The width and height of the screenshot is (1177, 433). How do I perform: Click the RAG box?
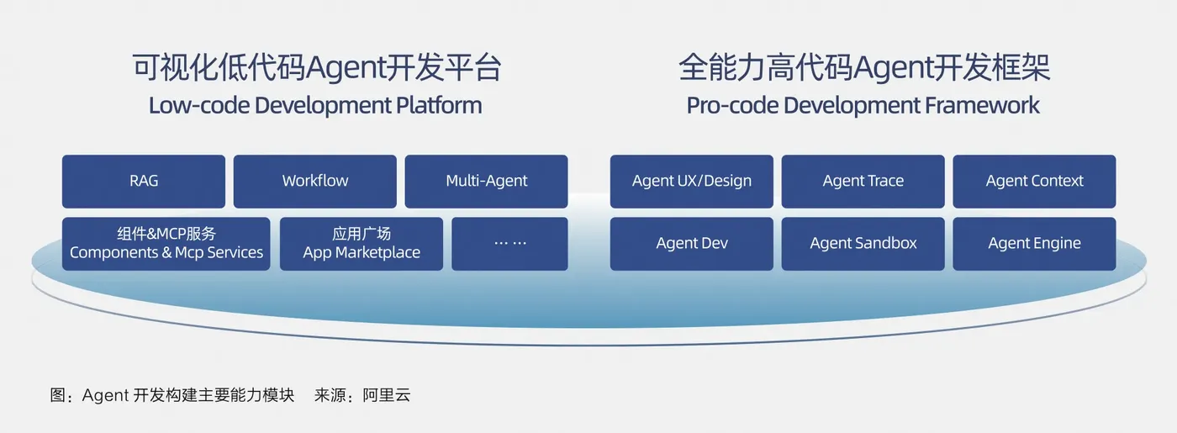(144, 182)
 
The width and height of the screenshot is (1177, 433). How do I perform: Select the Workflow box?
(314, 182)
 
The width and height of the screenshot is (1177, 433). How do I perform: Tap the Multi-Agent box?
(486, 182)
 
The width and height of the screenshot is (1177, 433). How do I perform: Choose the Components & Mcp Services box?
(166, 244)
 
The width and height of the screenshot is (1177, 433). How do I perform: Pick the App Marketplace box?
(362, 244)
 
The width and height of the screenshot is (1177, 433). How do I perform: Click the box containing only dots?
(509, 244)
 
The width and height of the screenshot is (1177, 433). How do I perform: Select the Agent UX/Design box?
(691, 182)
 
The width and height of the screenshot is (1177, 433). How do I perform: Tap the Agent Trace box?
(863, 182)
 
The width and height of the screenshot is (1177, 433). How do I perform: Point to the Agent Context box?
(1034, 182)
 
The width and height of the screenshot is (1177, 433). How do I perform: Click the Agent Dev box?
(691, 244)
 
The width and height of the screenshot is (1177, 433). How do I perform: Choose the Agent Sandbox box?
(863, 244)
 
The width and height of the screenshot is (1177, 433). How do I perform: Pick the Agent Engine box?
(1034, 244)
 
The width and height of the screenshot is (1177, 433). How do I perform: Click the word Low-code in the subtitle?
(199, 105)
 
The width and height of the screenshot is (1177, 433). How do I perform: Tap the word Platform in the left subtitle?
(439, 105)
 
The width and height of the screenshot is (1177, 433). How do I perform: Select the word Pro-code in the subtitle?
(732, 105)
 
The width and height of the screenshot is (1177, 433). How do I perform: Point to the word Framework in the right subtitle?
(982, 105)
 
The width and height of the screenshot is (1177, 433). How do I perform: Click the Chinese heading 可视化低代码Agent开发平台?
(316, 68)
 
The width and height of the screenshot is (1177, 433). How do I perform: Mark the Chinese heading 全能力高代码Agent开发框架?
(864, 68)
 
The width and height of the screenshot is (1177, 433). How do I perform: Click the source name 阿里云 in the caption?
(386, 394)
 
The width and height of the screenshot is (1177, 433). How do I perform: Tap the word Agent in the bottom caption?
(105, 395)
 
